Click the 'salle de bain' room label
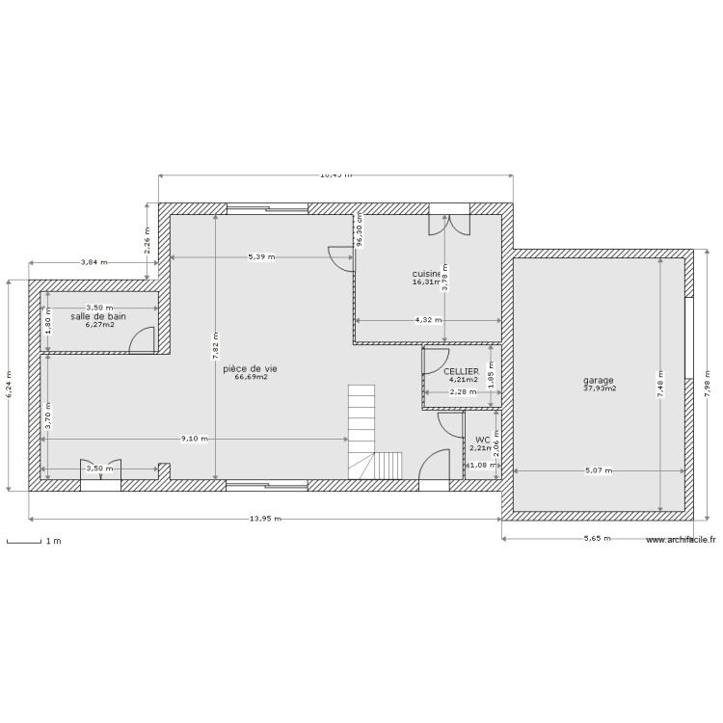pos(98,316)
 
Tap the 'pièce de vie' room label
pos(250,368)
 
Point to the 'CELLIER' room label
pos(461,370)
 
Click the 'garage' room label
pos(598,380)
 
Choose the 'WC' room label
pos(482,439)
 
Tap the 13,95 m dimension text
pos(265,520)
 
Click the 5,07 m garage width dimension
pos(598,470)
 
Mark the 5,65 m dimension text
pos(598,539)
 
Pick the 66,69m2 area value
pos(251,378)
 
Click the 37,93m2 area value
pos(599,389)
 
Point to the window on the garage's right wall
pos(690,337)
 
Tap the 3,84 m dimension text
pos(93,262)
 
